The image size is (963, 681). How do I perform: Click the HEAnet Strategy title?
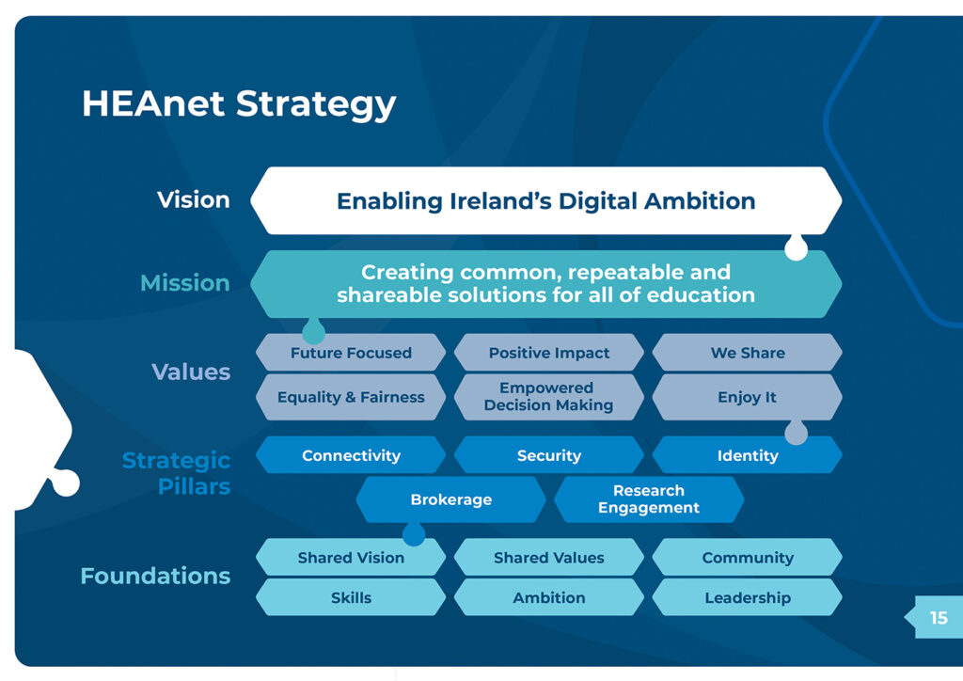click(x=239, y=103)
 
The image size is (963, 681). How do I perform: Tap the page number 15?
click(x=939, y=617)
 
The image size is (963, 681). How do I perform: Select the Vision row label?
click(x=194, y=199)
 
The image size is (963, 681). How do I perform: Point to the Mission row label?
click(x=185, y=282)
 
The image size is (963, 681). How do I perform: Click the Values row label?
click(x=191, y=372)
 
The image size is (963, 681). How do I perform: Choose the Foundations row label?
click(x=155, y=576)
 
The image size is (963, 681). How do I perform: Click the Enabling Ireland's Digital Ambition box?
click(x=546, y=200)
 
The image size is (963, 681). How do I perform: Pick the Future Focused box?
click(x=351, y=353)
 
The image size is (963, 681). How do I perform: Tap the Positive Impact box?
click(x=549, y=353)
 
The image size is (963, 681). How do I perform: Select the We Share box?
click(x=748, y=353)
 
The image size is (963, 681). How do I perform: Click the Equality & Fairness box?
click(x=351, y=397)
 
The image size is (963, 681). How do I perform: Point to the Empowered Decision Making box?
click(x=549, y=397)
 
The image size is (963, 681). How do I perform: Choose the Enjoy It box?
click(x=748, y=397)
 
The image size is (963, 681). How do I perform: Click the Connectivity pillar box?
click(x=351, y=455)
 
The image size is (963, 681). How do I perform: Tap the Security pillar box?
click(x=549, y=455)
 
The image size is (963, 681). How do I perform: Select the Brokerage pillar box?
click(x=450, y=499)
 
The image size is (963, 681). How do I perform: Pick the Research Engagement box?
click(x=649, y=499)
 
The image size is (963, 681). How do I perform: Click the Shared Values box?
click(x=549, y=557)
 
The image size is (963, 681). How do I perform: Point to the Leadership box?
click(x=748, y=597)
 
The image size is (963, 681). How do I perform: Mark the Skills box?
click(x=351, y=597)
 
